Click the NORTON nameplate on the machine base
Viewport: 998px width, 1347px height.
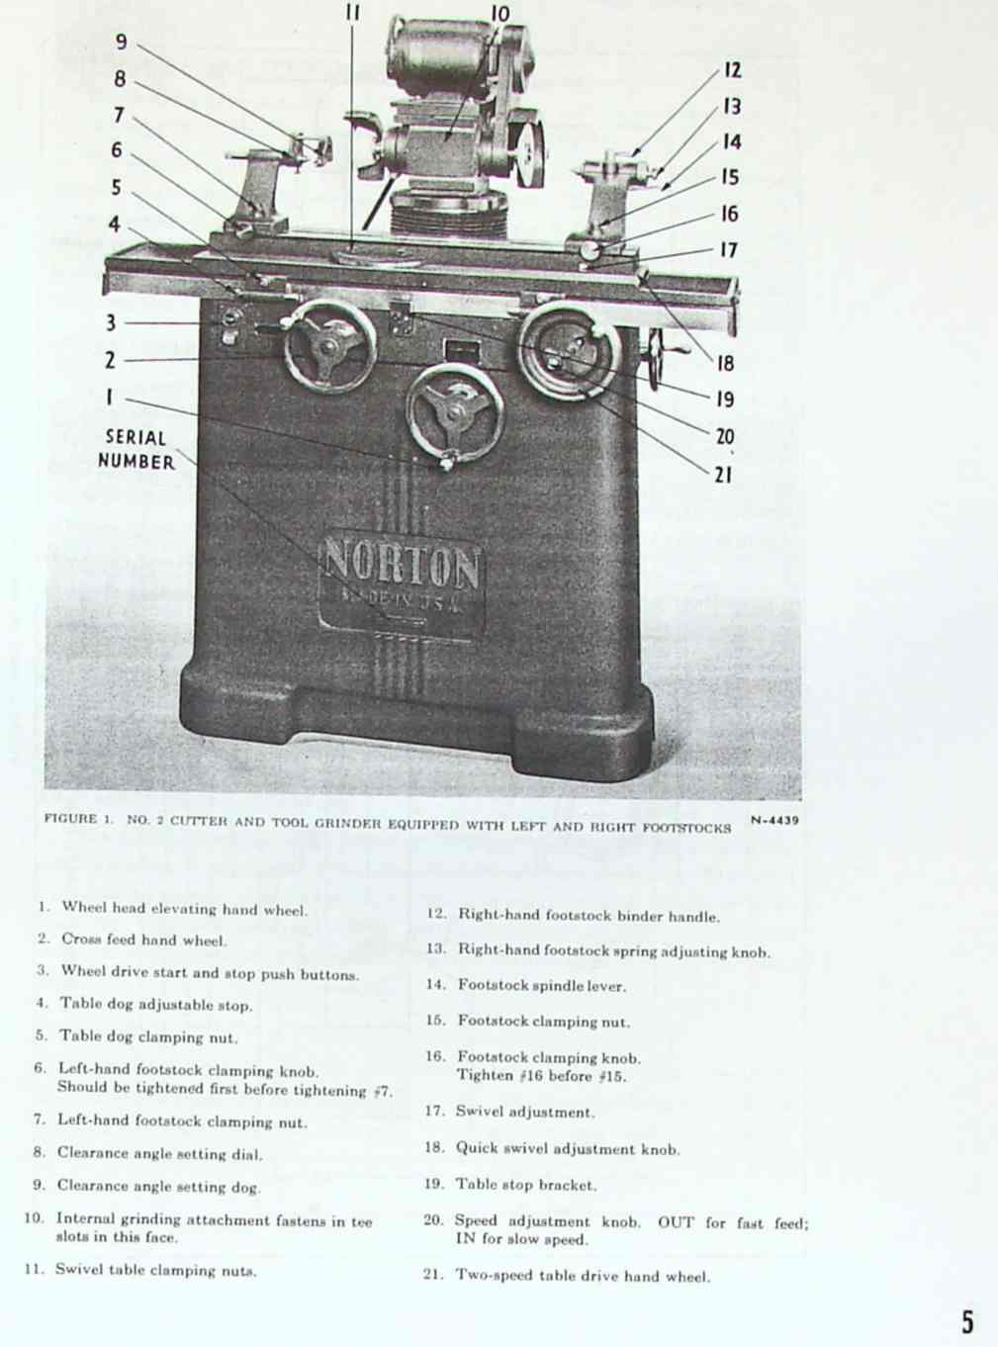coord(401,584)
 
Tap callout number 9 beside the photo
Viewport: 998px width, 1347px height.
coord(122,42)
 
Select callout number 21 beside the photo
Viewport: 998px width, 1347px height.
coord(722,475)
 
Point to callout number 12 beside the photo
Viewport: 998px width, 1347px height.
coord(733,70)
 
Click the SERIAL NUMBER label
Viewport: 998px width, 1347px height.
coord(136,449)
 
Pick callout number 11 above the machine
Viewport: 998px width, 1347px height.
coord(353,12)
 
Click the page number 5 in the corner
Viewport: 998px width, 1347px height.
coord(967,1321)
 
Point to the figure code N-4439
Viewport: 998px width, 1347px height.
coord(774,820)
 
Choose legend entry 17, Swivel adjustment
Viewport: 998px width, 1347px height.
coord(509,1112)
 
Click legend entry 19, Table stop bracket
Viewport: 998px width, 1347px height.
coord(510,1184)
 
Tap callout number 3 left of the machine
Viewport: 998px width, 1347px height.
coord(111,322)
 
